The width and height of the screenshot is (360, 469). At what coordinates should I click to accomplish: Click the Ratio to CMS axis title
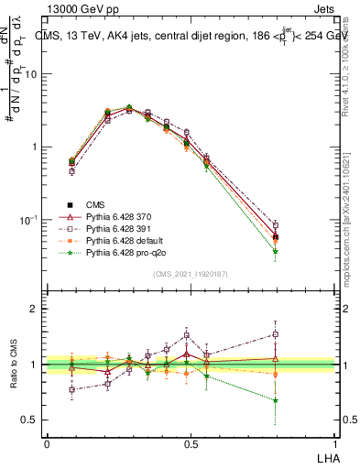[x=15, y=365]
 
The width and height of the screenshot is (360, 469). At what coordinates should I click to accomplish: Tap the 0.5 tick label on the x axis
[x=191, y=443]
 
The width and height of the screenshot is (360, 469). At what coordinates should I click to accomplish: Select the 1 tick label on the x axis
[x=334, y=443]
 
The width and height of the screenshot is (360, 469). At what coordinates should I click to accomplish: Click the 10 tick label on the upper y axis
[x=32, y=74]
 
